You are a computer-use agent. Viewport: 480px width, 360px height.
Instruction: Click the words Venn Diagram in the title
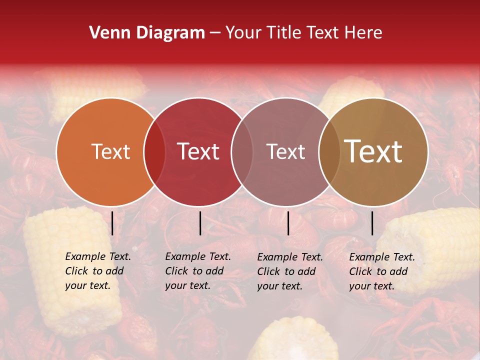(147, 33)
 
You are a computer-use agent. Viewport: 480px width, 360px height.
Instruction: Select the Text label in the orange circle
(110, 151)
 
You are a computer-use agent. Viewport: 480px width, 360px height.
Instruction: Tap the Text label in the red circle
(198, 151)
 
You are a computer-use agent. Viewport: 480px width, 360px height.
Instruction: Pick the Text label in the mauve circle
(285, 151)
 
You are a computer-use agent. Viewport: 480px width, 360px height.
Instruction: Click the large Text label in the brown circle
(373, 151)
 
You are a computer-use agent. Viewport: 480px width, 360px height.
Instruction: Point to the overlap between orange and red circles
(154, 151)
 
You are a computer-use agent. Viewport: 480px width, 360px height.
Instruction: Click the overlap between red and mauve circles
(242, 151)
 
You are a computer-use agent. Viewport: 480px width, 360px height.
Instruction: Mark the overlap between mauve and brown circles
(329, 151)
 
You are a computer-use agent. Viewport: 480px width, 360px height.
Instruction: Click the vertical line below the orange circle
(112, 223)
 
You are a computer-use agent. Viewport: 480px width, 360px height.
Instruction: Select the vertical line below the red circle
(200, 223)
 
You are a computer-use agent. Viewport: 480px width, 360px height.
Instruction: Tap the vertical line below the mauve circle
(288, 223)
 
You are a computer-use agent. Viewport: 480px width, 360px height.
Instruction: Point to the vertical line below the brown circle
(372, 223)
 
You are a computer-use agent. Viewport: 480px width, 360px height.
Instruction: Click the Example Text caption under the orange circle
(98, 271)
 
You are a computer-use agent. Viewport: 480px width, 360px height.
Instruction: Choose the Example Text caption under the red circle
(198, 271)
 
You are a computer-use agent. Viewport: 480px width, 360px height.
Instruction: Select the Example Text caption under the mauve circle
(290, 271)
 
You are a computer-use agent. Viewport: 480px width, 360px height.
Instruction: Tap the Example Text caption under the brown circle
(382, 271)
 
